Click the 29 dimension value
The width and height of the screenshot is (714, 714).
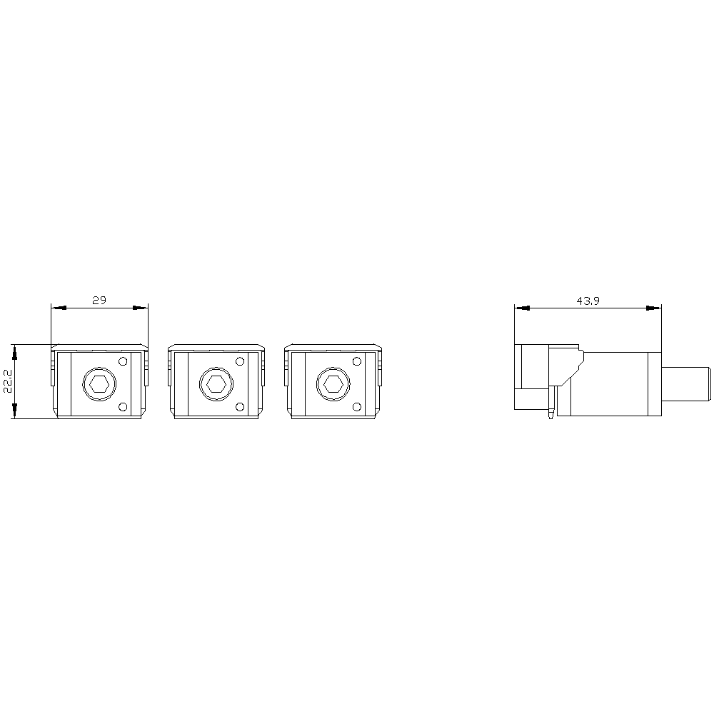tap(99, 300)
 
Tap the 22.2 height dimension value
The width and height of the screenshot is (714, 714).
tap(8, 381)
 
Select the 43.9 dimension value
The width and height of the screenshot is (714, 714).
tap(588, 301)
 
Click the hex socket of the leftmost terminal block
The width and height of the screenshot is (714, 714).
tap(99, 384)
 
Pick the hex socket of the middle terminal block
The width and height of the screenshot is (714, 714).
tap(216, 384)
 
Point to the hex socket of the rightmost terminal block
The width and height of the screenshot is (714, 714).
tap(333, 384)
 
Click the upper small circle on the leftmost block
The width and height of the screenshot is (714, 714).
tap(123, 361)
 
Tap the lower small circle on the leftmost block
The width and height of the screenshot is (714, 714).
tap(123, 407)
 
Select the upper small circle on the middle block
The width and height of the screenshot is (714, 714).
tap(240, 361)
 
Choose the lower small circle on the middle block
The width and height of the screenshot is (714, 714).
tap(240, 407)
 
